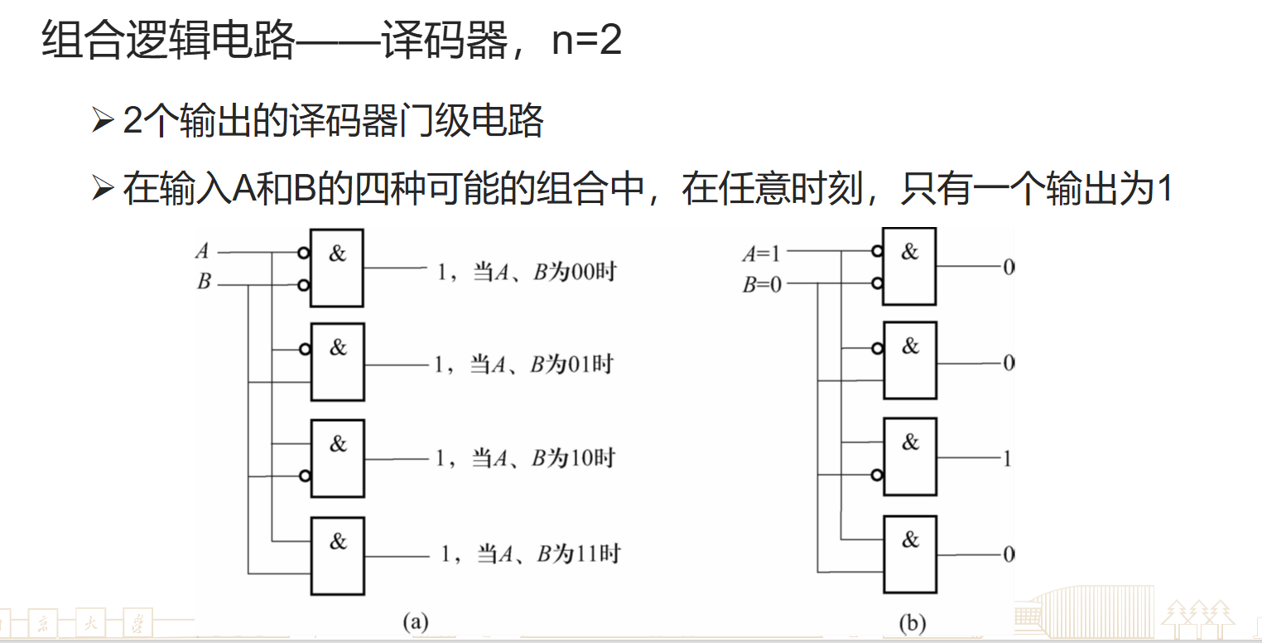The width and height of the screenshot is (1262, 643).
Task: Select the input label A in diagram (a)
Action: point(202,251)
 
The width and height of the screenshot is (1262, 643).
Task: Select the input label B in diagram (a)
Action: point(204,282)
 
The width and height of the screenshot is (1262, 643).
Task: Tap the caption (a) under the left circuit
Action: point(414,621)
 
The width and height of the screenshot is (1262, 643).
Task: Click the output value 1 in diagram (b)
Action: point(1007,458)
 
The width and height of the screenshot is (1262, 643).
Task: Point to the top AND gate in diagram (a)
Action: point(337,268)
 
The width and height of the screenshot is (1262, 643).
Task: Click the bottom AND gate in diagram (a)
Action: point(337,556)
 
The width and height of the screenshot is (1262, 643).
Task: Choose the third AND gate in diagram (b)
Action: point(910,457)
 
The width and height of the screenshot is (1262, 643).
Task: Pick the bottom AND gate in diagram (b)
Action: point(910,554)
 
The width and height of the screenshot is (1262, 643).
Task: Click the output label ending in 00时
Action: point(527,272)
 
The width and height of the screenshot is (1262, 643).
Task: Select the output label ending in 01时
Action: point(523,365)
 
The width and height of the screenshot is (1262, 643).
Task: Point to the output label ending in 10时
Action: point(525,457)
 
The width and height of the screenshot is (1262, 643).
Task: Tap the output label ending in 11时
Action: point(530,554)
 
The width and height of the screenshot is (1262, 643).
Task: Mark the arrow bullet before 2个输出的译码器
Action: point(103,122)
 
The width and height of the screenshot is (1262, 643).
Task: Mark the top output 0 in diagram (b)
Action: point(1008,268)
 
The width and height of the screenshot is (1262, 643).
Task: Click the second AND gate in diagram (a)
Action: point(337,362)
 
